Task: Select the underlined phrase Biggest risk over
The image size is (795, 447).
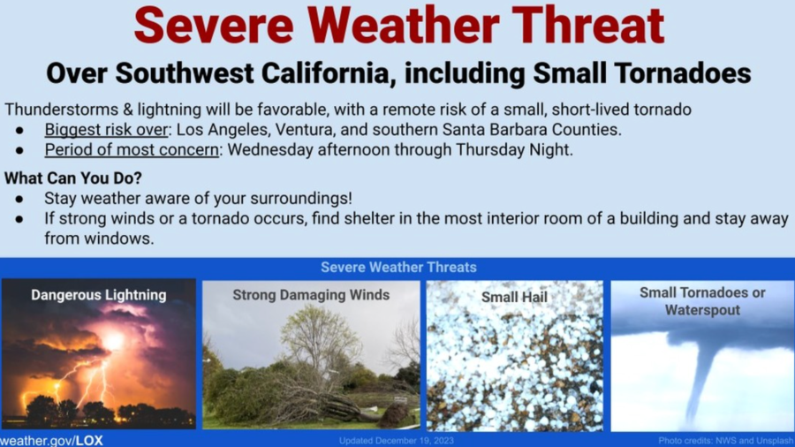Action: point(106,130)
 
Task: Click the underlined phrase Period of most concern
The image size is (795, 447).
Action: point(132,150)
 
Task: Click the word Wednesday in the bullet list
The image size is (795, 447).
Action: point(275,150)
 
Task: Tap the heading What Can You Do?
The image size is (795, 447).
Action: point(73,178)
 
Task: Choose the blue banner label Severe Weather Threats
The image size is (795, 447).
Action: point(398,267)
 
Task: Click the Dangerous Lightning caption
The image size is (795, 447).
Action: point(98,295)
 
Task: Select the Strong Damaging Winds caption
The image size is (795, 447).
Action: point(311,295)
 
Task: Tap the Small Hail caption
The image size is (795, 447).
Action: point(514,297)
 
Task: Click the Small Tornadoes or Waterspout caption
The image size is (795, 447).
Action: point(702,301)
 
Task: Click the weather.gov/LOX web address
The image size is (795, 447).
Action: point(52,441)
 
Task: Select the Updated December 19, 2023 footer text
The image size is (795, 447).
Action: point(397,441)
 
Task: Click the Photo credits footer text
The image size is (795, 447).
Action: point(726,441)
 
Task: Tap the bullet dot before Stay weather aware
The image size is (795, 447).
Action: point(19,199)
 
